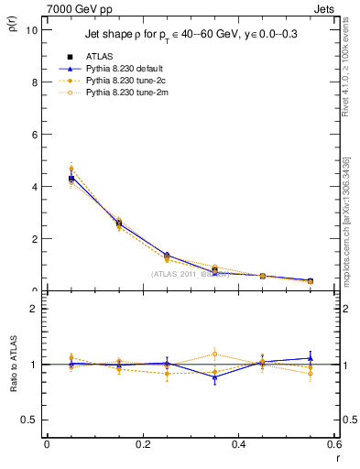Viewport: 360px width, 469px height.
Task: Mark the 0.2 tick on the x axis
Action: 143,444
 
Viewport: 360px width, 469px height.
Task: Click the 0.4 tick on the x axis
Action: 239,444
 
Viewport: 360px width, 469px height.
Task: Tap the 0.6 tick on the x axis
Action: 335,444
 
